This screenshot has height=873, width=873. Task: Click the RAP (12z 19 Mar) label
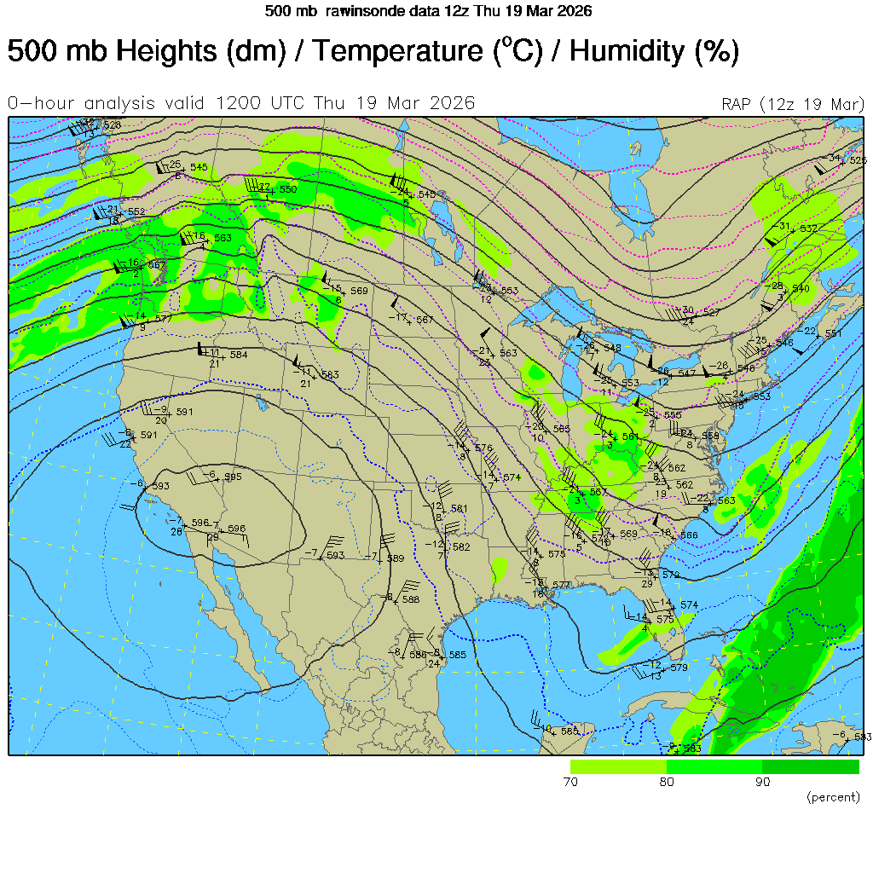coord(793,104)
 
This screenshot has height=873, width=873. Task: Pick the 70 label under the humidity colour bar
coord(570,782)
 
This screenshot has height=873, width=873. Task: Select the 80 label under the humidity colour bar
coord(667,782)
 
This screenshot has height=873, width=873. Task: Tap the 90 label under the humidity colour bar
coord(763,782)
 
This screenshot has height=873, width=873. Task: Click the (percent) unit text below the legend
coord(833,797)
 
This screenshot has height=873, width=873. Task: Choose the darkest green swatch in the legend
coord(811,766)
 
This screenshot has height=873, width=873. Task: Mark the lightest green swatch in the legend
coord(618,766)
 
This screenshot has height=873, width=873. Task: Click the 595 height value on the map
coord(233,477)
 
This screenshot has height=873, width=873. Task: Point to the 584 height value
coord(239,355)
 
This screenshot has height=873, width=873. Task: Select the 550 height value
coord(288,189)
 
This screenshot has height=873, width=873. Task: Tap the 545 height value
coord(199,167)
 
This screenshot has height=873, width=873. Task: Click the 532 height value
coord(808,228)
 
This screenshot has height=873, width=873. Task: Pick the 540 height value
coord(801,289)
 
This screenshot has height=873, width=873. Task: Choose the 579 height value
coord(679,668)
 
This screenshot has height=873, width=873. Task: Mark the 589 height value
coord(395,558)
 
